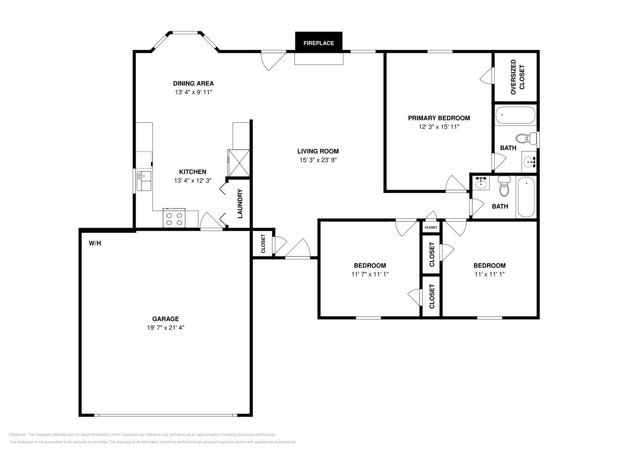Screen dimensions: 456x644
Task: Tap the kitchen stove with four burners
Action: (174, 218)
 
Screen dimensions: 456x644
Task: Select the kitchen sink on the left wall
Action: (144, 181)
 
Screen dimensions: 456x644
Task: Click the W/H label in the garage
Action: (95, 243)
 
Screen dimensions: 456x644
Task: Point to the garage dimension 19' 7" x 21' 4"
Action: (165, 327)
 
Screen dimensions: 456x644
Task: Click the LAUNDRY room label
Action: (240, 204)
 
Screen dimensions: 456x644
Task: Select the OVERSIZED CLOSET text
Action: (517, 77)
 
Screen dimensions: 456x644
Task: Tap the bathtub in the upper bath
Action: (515, 115)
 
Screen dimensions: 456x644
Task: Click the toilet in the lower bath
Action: (504, 186)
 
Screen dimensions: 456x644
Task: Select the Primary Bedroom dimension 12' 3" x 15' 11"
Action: (439, 127)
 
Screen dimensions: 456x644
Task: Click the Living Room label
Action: (318, 151)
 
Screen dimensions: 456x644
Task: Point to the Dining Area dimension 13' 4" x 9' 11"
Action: (193, 92)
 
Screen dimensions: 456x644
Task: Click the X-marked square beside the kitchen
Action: (239, 163)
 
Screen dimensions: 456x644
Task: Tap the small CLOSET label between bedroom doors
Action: (431, 228)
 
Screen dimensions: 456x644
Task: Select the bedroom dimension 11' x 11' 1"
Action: (489, 274)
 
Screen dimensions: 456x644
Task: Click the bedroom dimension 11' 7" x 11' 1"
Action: (369, 274)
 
